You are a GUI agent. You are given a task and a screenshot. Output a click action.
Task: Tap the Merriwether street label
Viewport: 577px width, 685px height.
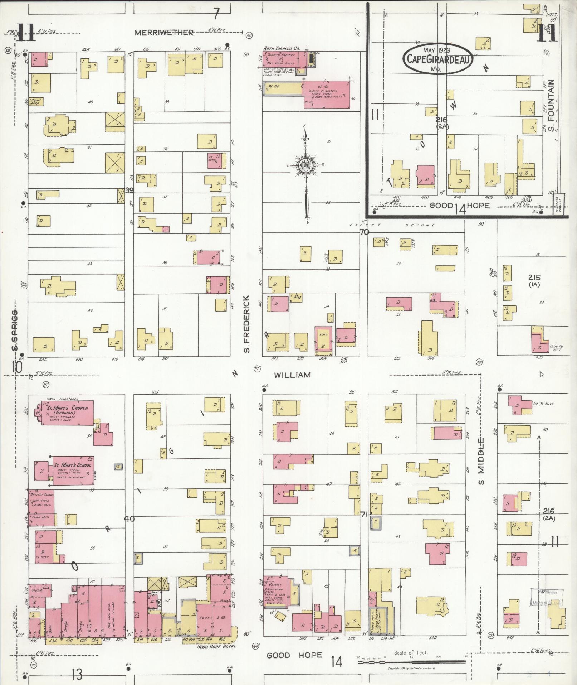point(164,33)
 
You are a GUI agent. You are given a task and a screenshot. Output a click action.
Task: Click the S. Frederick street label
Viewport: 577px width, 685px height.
point(246,324)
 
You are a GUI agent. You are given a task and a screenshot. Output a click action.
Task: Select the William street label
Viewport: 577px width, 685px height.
point(292,375)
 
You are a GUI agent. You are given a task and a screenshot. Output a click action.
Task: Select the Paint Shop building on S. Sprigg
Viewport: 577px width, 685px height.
point(36,101)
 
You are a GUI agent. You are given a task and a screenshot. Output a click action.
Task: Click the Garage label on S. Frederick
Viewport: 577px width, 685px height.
point(277,584)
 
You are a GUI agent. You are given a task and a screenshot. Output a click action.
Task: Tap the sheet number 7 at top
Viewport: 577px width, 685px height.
point(216,14)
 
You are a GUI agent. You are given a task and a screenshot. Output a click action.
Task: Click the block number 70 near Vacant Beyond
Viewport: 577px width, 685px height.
point(364,232)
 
